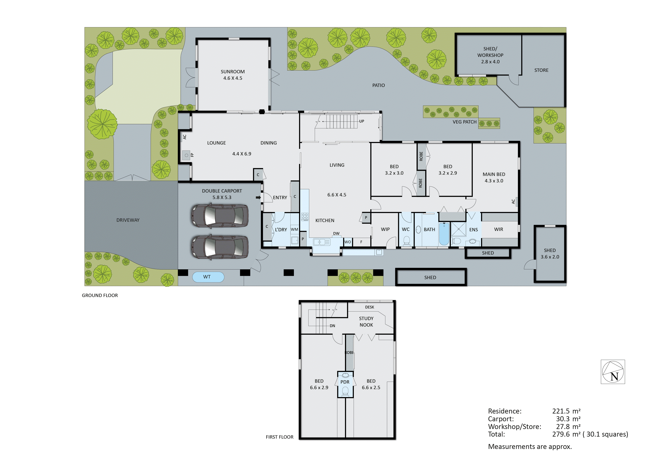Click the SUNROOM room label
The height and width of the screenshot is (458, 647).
[233, 72]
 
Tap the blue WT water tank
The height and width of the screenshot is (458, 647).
[208, 277]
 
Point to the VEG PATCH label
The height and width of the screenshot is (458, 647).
[464, 122]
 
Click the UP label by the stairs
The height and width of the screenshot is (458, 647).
[362, 121]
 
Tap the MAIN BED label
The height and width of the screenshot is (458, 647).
[494, 174]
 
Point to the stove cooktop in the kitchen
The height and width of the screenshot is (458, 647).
[305, 216]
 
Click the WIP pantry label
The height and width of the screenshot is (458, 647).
[385, 229]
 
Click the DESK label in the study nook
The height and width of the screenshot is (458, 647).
[370, 307]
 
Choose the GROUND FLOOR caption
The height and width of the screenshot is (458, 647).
[100, 295]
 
